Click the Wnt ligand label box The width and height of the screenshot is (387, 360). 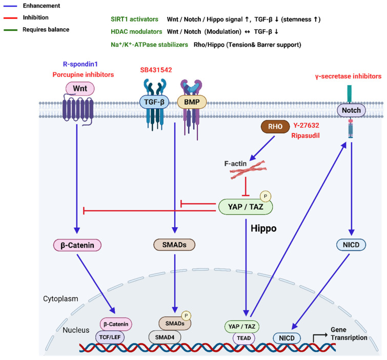tap(80, 88)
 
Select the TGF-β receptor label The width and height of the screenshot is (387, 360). tap(154, 102)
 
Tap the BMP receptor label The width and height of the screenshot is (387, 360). tap(192, 102)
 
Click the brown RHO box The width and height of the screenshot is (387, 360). tap(275, 127)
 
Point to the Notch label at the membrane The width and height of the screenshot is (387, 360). tap(351, 110)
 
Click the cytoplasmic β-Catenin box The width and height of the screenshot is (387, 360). tap(77, 245)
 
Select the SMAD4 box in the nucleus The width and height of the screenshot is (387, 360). tap(165, 337)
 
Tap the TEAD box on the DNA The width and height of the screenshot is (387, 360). tap(244, 338)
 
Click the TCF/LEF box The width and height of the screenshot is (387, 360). tap(110, 337)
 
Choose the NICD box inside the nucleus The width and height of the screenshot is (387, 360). tap(287, 338)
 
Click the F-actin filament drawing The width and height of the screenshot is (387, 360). tap(248, 170)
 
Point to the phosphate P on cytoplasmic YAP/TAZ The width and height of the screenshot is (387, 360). tap(266, 196)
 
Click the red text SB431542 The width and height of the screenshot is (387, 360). tap(156, 70)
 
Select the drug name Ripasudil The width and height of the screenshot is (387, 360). tap(305, 135)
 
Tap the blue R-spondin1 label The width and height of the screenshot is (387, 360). tap(80, 64)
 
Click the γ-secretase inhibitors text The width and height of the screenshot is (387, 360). tap(348, 76)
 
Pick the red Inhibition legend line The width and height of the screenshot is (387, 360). tap(10, 18)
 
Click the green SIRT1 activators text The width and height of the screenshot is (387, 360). tap(134, 19)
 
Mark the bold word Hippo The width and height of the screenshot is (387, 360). tap(263, 228)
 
